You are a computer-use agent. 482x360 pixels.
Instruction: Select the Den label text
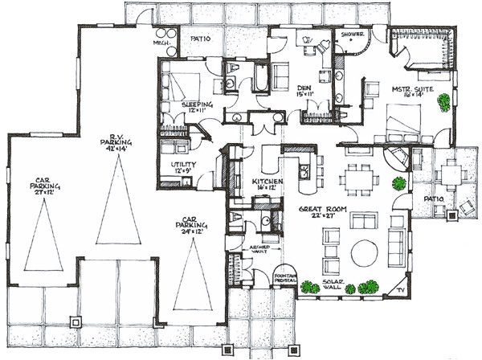coord(304,91)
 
